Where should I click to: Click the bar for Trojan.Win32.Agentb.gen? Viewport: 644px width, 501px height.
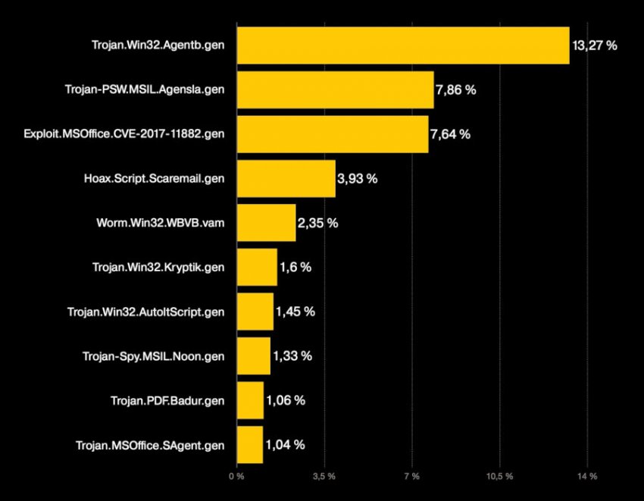point(402,45)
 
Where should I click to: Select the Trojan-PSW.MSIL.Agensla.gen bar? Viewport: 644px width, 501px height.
point(335,89)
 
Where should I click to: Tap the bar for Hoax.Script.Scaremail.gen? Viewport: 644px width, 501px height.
point(286,179)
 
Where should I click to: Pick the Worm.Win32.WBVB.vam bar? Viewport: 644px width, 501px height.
point(266,223)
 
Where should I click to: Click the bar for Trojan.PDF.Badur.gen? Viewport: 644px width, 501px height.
point(250,400)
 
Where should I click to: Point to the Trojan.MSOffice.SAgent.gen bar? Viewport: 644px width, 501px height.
point(249,445)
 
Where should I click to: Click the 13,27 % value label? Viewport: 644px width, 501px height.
point(594,45)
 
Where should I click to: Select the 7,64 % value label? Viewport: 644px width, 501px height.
point(450,134)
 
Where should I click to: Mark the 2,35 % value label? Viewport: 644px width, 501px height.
point(318,223)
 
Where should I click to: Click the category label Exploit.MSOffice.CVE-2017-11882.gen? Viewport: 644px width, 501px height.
point(124,134)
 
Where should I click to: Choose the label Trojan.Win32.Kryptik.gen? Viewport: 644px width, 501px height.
point(158,268)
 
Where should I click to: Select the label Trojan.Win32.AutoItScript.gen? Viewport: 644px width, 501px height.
point(145,312)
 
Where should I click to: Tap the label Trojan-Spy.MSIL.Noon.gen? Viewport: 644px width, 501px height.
point(153,356)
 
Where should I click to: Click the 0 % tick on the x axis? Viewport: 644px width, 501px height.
point(236,477)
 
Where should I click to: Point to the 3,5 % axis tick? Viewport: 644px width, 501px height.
point(324,477)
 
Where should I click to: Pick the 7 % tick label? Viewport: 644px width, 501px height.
point(411,477)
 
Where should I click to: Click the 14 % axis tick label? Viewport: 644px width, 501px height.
point(587,477)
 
